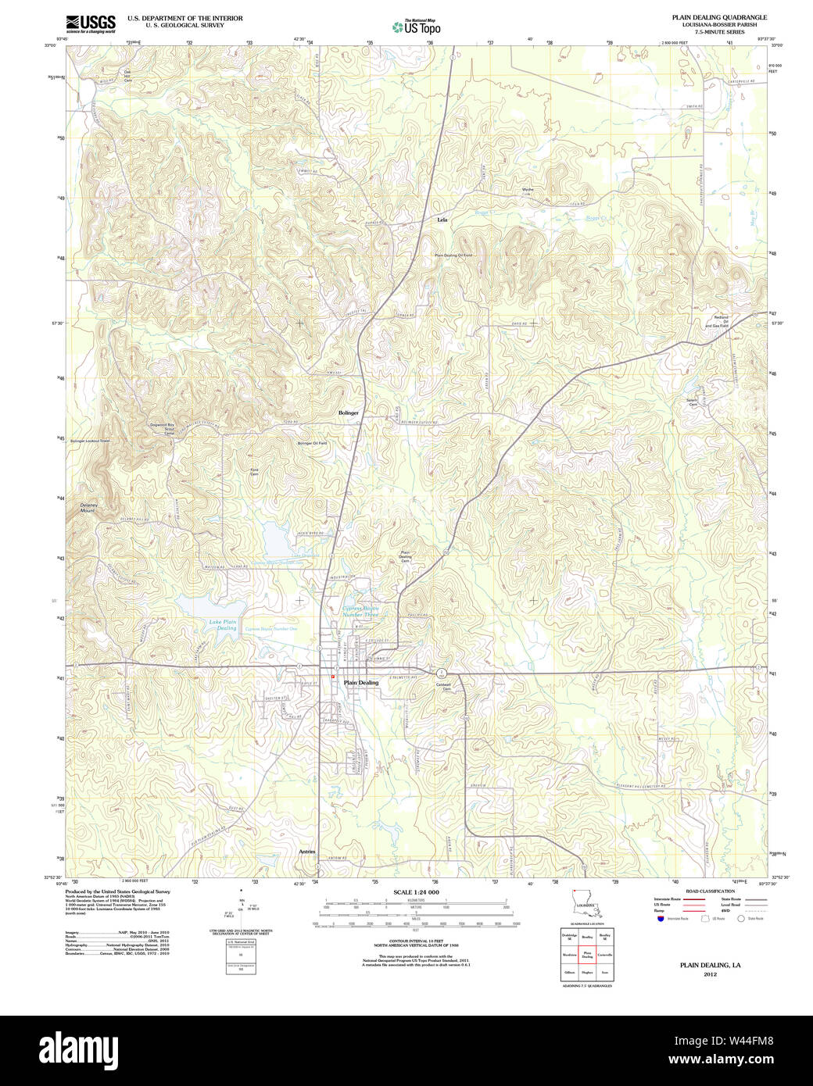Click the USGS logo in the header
(91, 23)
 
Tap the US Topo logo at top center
(417, 27)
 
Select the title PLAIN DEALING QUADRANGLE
(719, 17)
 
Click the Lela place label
(442, 220)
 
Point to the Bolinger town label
(349, 413)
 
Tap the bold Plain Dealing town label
(361, 682)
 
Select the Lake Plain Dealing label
(223, 625)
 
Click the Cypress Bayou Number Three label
(360, 611)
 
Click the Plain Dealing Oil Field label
(454, 255)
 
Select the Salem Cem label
(692, 402)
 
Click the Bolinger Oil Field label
(312, 443)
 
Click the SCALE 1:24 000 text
(416, 892)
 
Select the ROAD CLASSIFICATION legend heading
(710, 891)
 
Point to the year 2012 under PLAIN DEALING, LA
(710, 974)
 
